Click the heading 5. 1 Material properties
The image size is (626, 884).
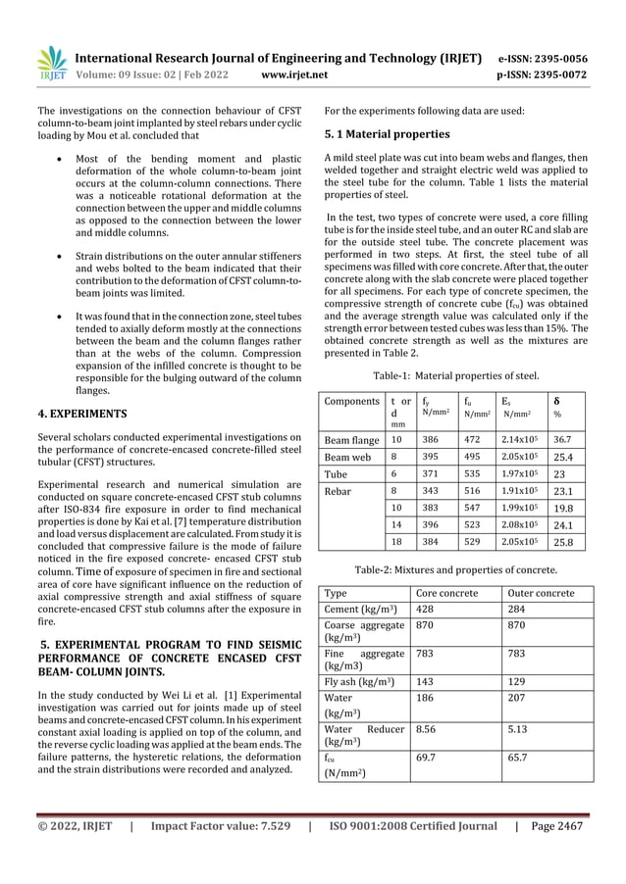point(387,133)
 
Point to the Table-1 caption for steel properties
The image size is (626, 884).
point(455,374)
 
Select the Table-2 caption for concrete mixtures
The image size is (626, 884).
point(455,569)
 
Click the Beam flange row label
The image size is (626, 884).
point(352,439)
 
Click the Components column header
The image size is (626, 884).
point(352,401)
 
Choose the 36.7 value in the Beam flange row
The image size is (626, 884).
point(564,439)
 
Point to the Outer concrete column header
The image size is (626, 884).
point(541,594)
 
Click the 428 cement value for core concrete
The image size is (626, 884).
point(426,612)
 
